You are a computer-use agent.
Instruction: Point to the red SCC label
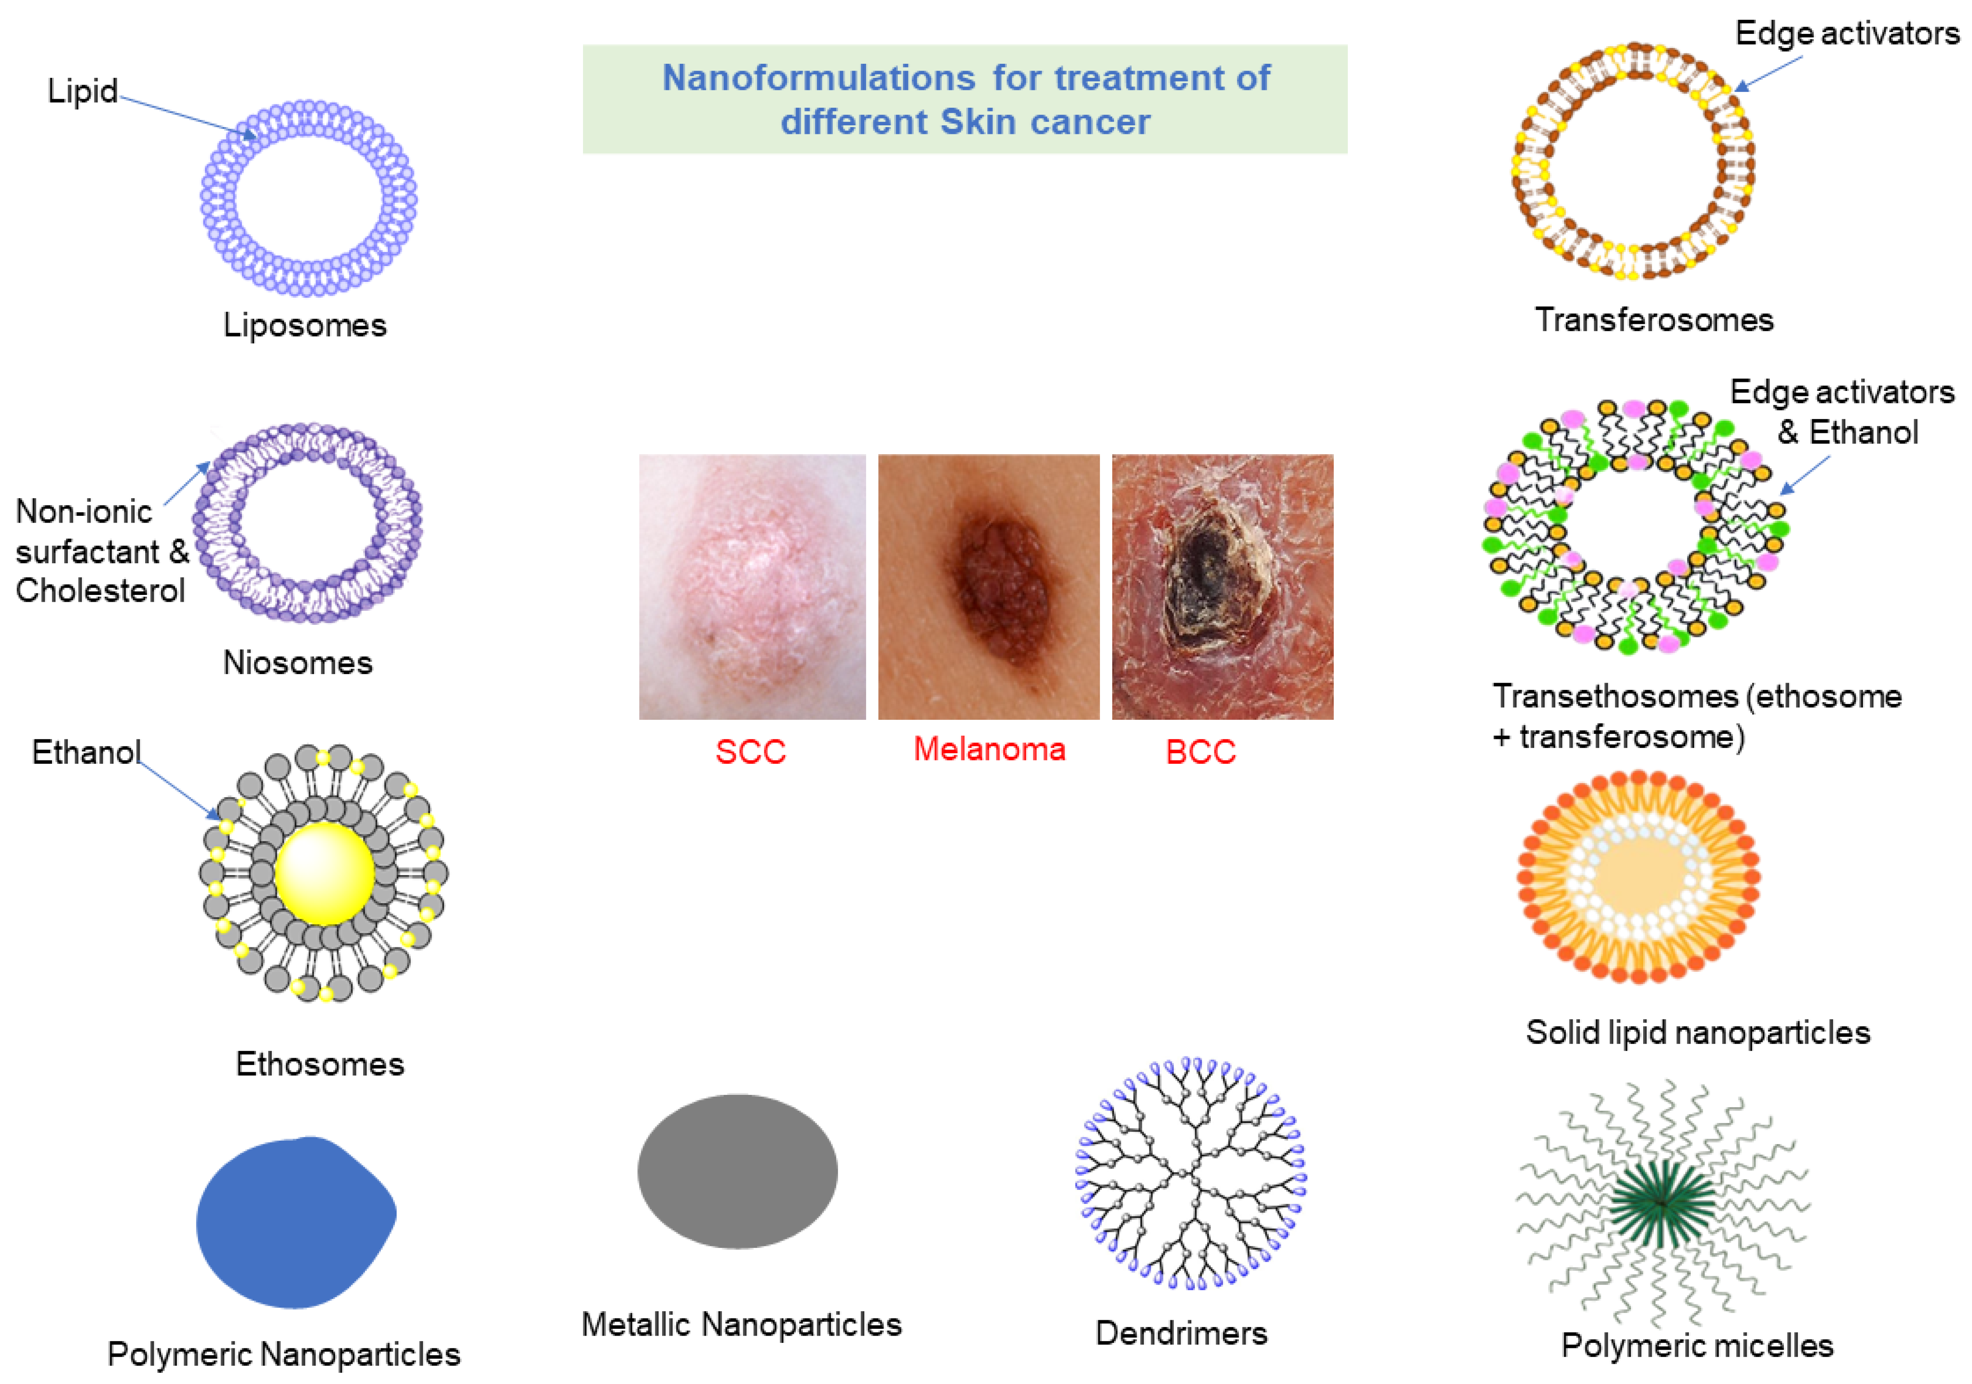coord(751,751)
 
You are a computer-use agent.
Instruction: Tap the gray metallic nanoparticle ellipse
coord(737,1171)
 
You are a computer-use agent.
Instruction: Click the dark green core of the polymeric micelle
coord(1662,1203)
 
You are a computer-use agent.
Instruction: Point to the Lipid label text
coord(82,91)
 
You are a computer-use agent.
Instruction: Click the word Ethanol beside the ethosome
coord(86,752)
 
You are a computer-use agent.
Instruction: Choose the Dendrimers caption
coord(1181,1333)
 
